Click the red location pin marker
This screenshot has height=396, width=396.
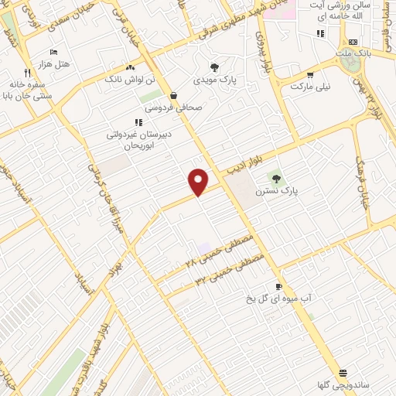tap(199, 181)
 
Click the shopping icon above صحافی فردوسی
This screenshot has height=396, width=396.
tap(172, 96)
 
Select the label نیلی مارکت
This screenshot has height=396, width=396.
tap(310, 87)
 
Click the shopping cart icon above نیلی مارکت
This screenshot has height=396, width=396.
tap(310, 75)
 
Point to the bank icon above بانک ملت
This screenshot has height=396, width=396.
tap(353, 42)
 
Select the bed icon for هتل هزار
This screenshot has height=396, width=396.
tap(53, 52)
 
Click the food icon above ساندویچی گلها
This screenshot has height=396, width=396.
tap(343, 372)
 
